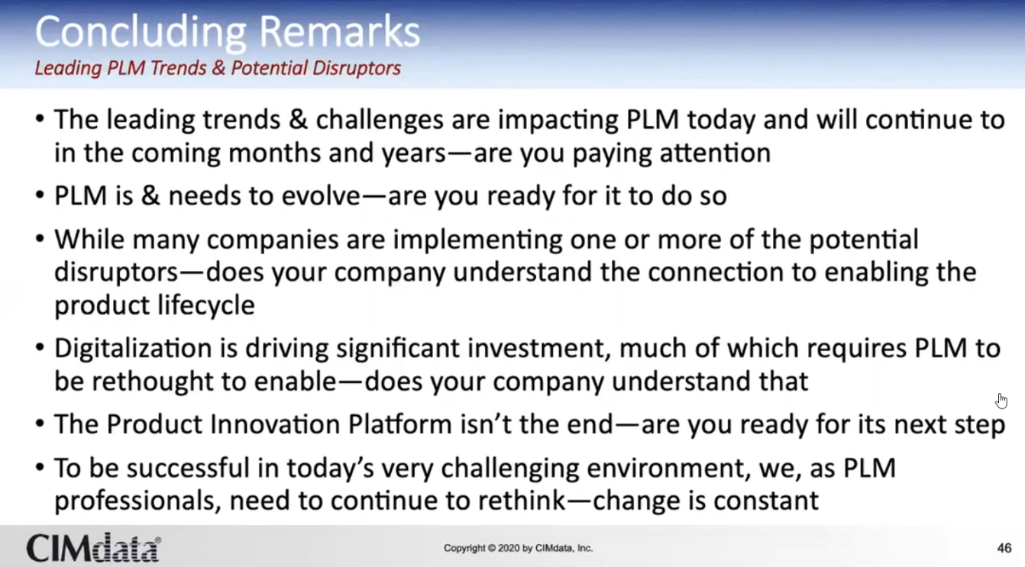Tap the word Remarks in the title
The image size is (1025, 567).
pyautogui.click(x=340, y=31)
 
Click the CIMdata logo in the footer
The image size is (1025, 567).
pyautogui.click(x=93, y=547)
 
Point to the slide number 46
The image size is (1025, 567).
pyautogui.click(x=1004, y=548)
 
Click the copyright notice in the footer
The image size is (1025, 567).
pyautogui.click(x=518, y=548)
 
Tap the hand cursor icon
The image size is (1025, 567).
pyautogui.click(x=1001, y=401)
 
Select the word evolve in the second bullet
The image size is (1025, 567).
pyautogui.click(x=321, y=195)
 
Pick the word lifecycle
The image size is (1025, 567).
pyautogui.click(x=206, y=305)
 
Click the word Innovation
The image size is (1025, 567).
pyautogui.click(x=275, y=424)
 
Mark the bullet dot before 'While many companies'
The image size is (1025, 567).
pyautogui.click(x=40, y=239)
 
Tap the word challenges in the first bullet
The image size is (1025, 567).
pyautogui.click(x=380, y=121)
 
